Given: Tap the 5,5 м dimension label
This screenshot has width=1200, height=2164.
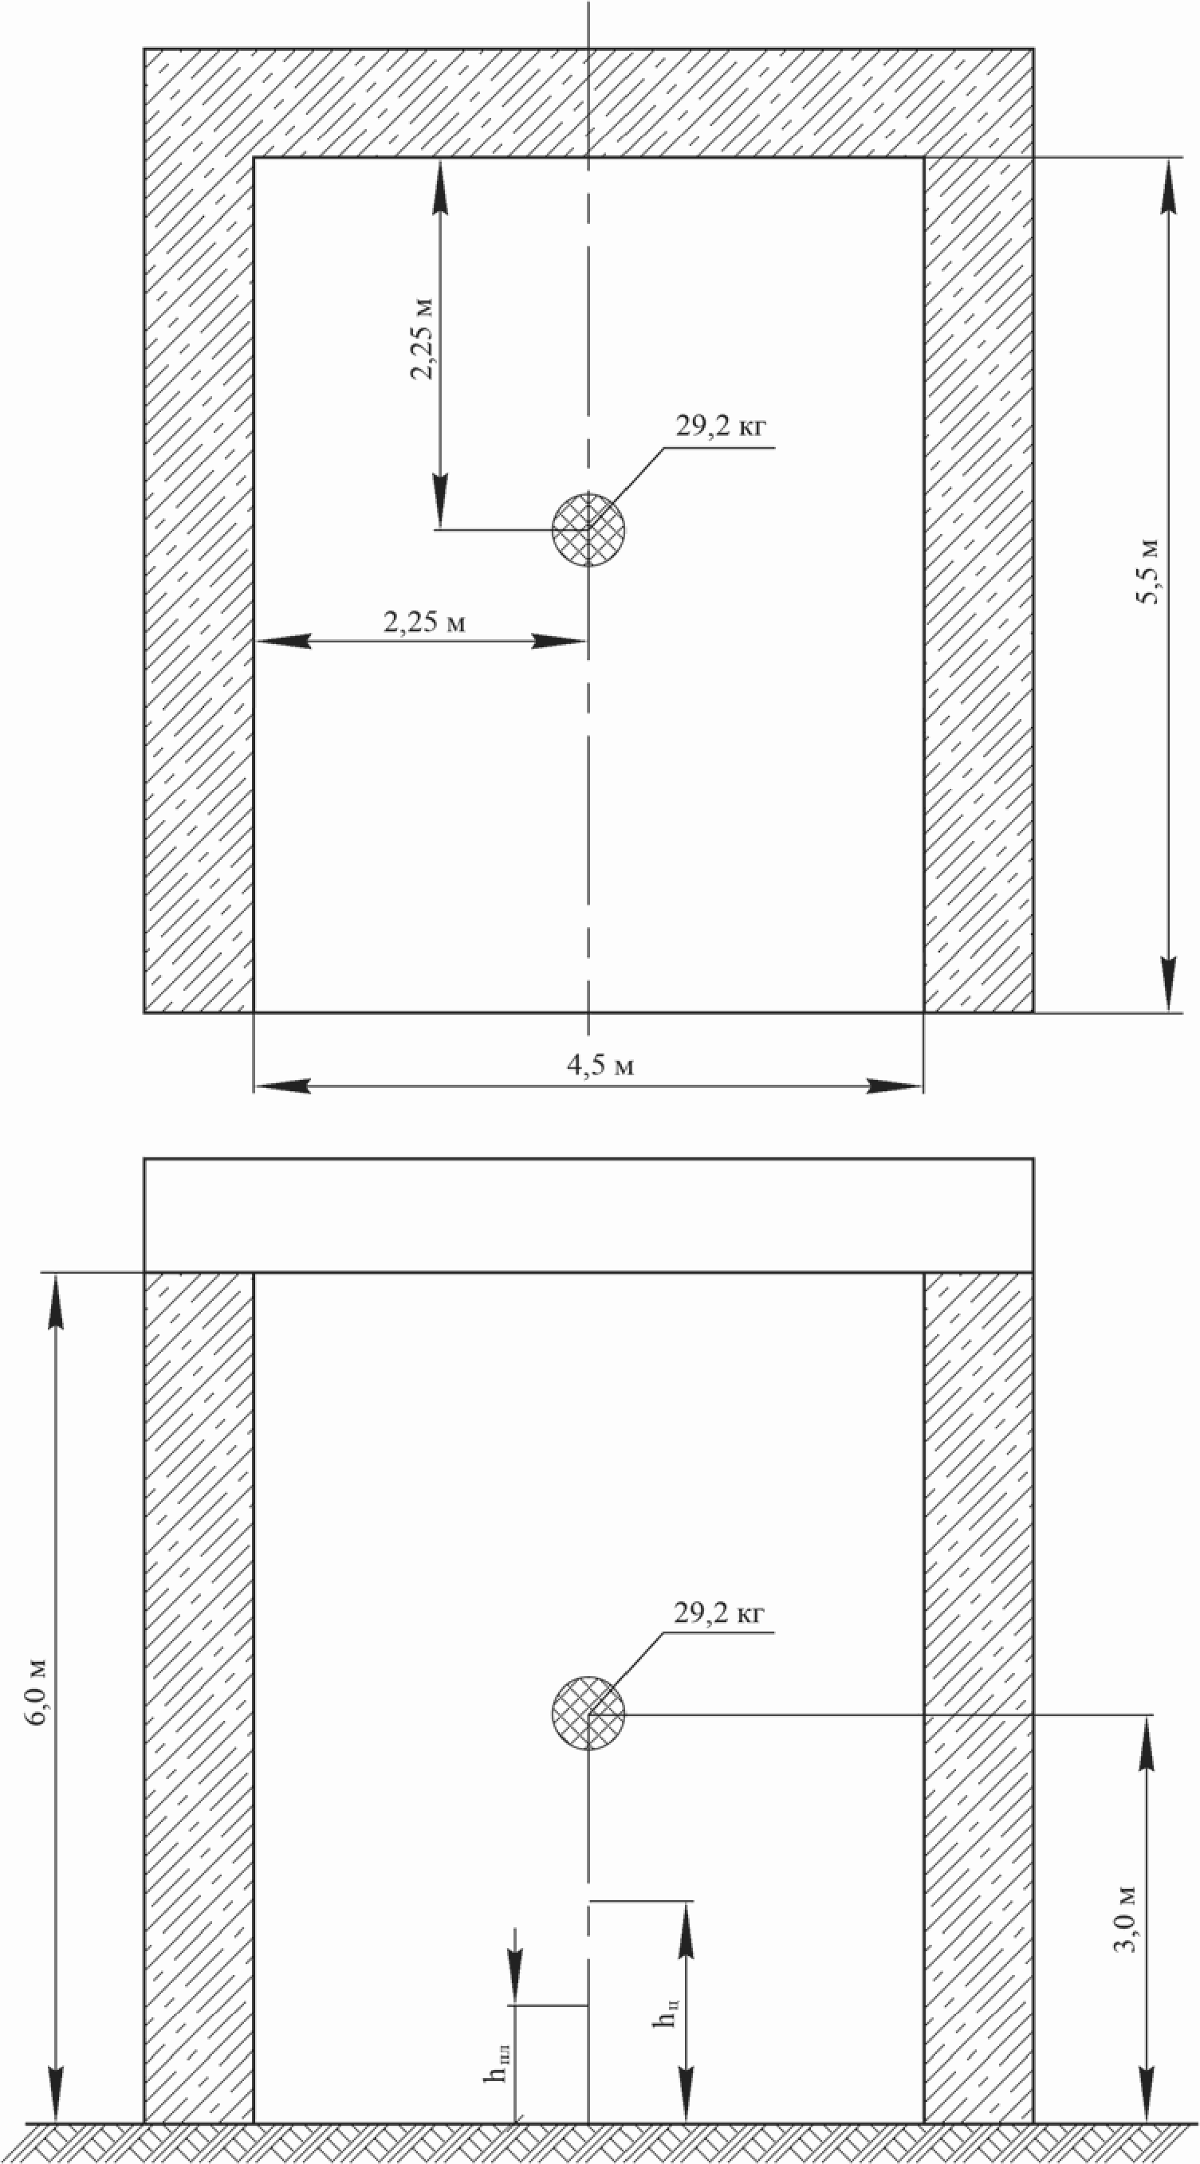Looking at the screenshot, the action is click(1147, 571).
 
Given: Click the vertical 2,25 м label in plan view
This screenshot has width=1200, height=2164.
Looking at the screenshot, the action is click(423, 339).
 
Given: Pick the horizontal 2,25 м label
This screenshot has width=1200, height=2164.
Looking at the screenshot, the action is click(424, 622).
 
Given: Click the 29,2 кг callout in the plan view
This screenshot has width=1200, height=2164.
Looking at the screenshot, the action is click(721, 426).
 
